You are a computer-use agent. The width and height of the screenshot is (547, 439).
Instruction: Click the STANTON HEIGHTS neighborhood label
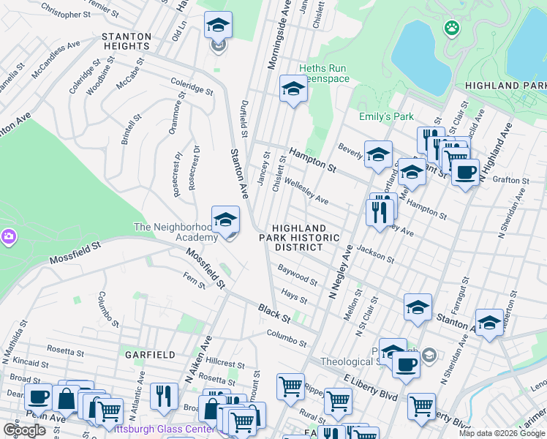[x=127, y=41]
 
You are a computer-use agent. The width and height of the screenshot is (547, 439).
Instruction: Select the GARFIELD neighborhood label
[x=150, y=354]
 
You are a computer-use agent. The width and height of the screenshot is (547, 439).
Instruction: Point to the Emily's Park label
[x=385, y=116]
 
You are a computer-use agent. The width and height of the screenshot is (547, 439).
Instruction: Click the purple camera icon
[x=8, y=236]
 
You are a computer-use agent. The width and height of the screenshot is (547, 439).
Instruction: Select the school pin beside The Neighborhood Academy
[x=226, y=219]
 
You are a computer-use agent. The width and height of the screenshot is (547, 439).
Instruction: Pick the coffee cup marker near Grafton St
[x=465, y=173]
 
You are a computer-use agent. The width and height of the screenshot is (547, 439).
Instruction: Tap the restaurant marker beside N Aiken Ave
[x=164, y=396]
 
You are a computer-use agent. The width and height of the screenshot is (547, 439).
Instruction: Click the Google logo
[x=24, y=430]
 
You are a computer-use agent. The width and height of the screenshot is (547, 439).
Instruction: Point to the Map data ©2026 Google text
[x=501, y=433]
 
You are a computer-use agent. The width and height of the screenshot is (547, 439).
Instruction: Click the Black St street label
[x=274, y=315]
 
